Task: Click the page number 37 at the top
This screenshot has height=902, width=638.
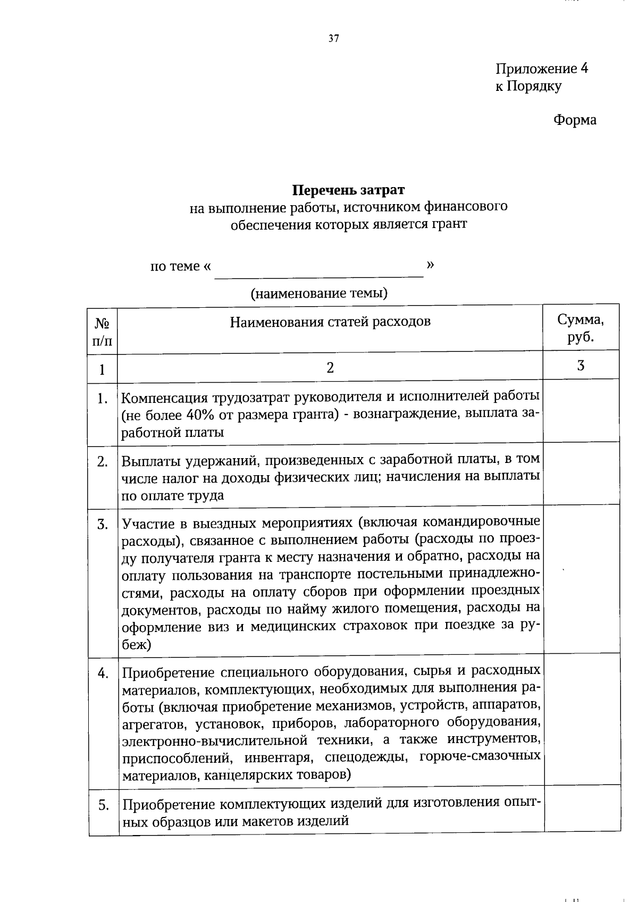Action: (x=333, y=38)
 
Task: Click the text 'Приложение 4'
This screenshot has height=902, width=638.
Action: (x=541, y=69)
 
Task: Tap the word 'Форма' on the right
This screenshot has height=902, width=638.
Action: (x=575, y=120)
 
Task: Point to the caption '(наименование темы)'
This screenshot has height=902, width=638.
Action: (x=319, y=293)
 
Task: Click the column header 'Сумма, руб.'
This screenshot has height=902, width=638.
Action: (x=581, y=328)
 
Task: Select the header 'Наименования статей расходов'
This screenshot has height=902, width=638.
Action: (x=330, y=322)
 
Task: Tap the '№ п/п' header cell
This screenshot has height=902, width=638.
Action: (x=102, y=332)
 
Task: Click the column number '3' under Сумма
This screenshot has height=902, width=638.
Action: (x=581, y=366)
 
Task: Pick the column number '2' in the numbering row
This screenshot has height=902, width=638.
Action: (x=330, y=368)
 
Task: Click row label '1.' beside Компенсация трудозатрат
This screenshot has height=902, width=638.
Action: (x=103, y=398)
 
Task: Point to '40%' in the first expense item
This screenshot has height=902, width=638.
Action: (x=202, y=415)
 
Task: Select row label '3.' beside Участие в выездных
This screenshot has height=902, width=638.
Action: (x=103, y=525)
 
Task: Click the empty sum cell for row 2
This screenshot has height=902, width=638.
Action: (x=581, y=473)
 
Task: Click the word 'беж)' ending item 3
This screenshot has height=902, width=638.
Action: (x=137, y=645)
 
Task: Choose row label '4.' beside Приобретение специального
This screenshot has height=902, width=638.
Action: (x=103, y=673)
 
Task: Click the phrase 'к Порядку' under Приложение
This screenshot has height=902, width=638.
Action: (x=528, y=86)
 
